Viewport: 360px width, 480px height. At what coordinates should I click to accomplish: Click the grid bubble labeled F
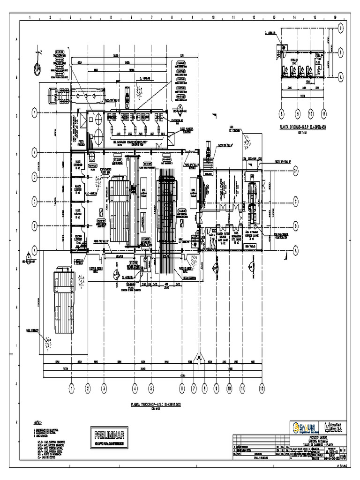click(34, 112)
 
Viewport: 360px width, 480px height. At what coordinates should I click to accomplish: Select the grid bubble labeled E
click(34, 152)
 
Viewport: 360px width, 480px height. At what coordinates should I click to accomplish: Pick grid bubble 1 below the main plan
click(72, 388)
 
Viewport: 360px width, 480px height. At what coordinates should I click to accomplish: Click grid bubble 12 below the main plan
click(262, 388)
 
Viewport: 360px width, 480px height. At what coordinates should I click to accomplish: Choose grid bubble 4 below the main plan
click(135, 388)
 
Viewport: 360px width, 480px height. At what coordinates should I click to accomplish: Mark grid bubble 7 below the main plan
click(194, 388)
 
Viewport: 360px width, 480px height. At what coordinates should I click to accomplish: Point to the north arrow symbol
click(37, 68)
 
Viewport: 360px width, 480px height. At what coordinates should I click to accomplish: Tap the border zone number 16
click(335, 18)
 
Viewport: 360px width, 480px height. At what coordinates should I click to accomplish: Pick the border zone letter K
click(16, 422)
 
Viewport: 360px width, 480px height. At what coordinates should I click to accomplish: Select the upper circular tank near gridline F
click(99, 120)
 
